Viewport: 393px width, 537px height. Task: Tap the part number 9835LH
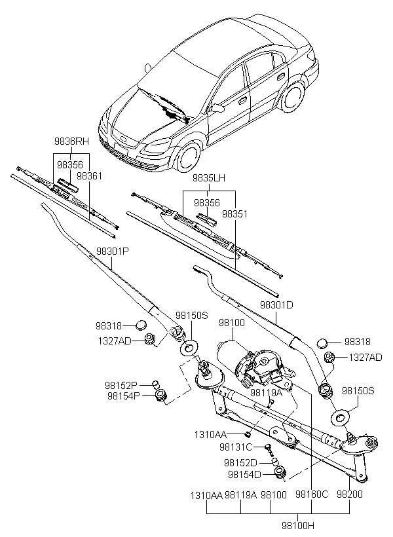tap(208, 177)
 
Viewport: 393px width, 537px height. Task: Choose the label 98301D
tap(276, 305)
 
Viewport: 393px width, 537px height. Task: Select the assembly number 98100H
tap(299, 525)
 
